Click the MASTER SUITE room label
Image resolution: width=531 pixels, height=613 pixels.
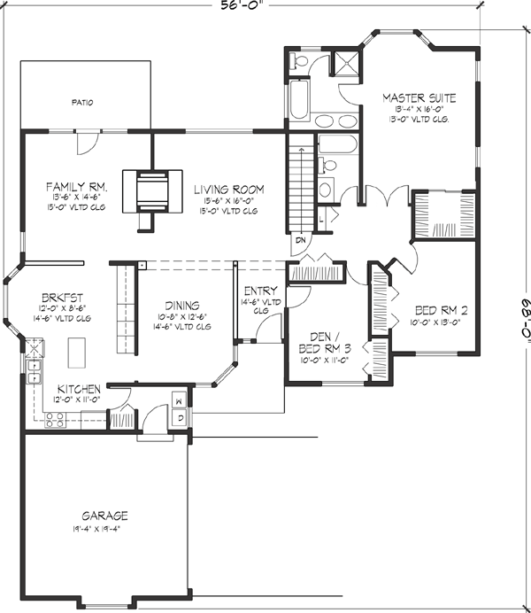419,97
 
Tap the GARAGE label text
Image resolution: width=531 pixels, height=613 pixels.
105,516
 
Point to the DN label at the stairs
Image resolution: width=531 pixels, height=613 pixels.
299,239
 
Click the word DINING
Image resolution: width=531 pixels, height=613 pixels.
181,305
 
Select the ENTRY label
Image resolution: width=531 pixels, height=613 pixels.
261,291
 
